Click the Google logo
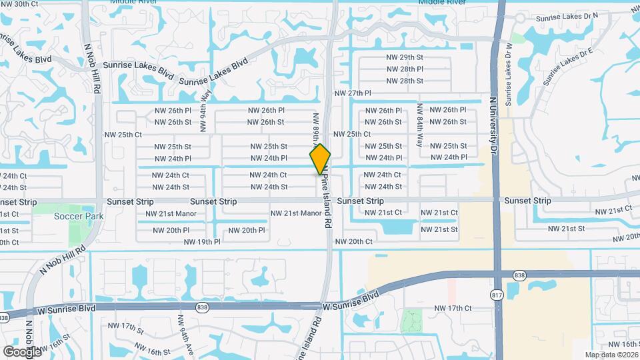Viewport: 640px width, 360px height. (x=22, y=351)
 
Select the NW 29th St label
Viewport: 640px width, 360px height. (x=405, y=57)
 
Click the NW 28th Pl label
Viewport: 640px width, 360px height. (x=405, y=69)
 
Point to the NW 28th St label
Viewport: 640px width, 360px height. (x=405, y=81)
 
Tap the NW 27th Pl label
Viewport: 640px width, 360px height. (x=351, y=93)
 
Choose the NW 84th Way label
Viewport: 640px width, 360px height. (x=419, y=125)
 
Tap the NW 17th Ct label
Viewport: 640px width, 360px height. (x=453, y=308)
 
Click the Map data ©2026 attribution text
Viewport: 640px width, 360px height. (x=611, y=355)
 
